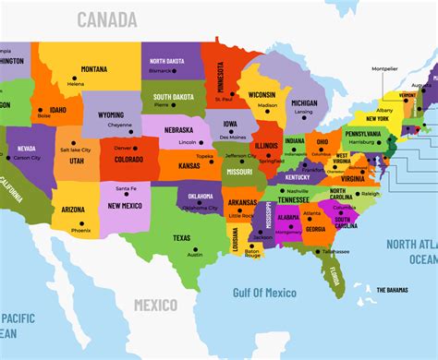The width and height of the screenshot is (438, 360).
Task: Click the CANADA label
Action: click(x=107, y=19)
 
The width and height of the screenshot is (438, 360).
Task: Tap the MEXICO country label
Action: click(x=156, y=304)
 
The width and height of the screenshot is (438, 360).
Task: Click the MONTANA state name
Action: click(x=93, y=69)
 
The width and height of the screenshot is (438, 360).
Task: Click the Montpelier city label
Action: click(x=385, y=68)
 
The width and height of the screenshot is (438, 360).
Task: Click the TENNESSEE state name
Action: click(x=294, y=199)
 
